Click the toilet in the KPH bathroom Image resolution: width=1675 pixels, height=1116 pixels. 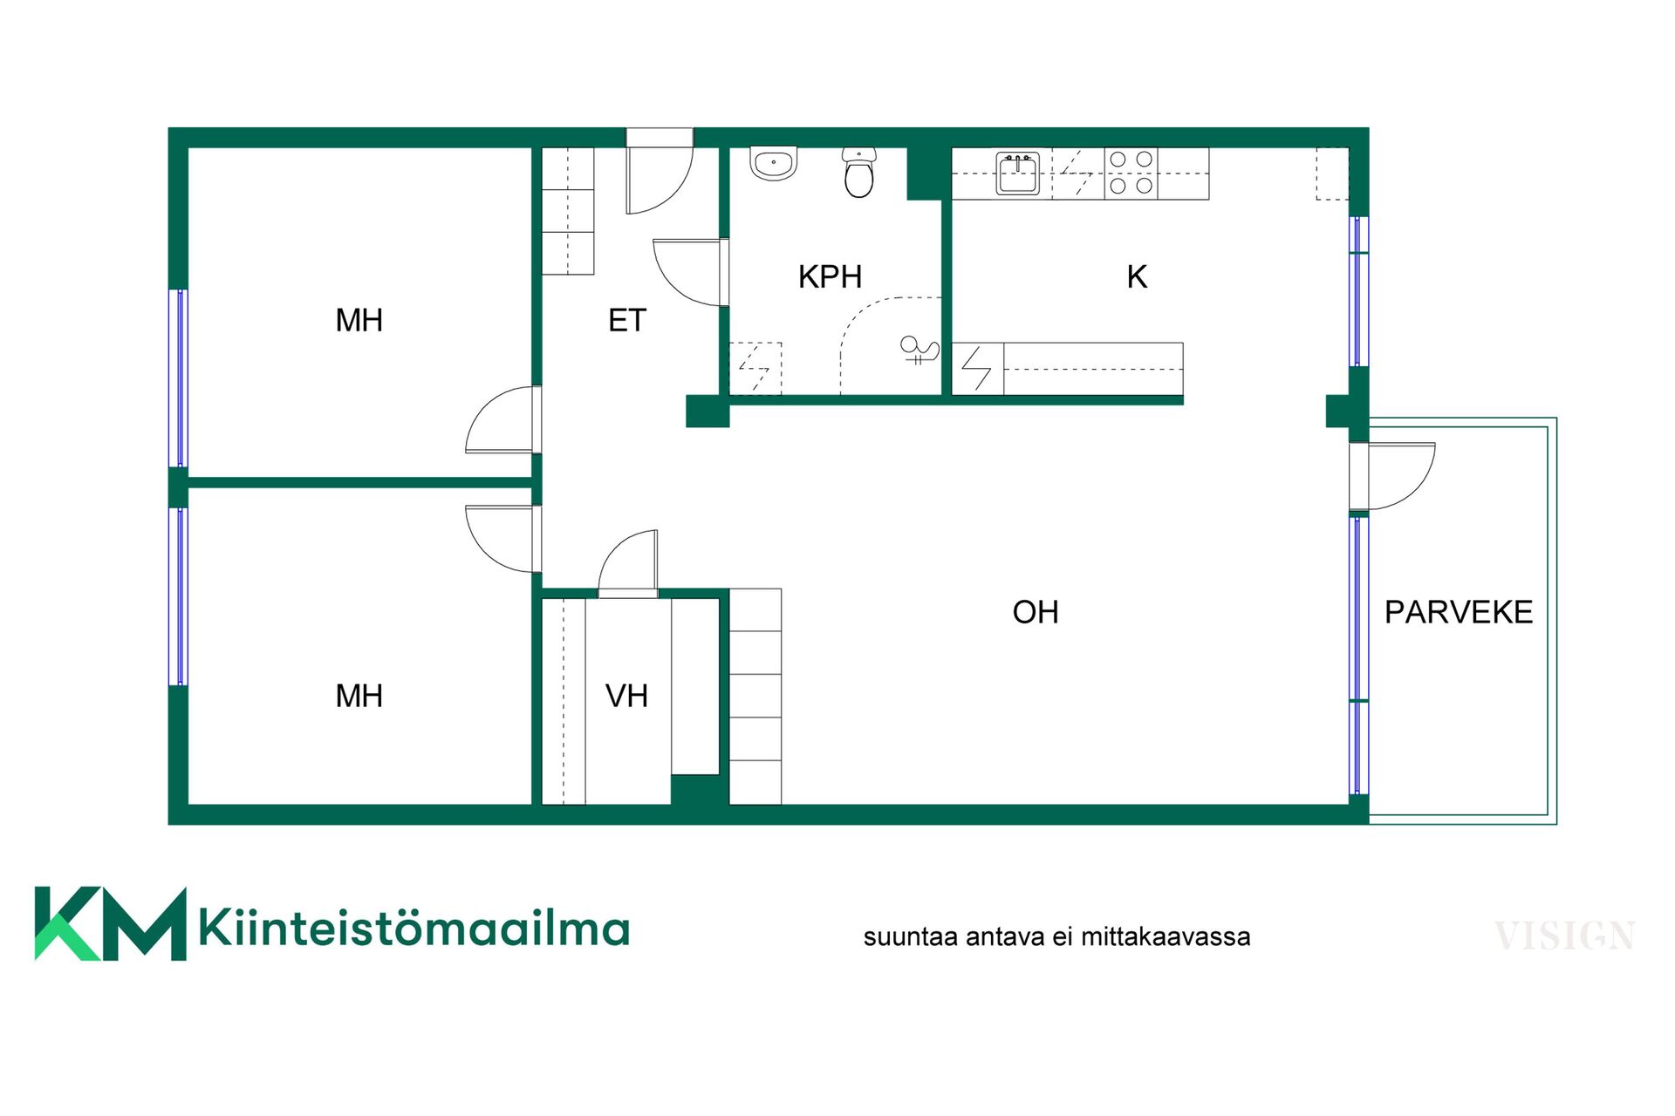[859, 173]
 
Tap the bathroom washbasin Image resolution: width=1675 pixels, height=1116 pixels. [774, 163]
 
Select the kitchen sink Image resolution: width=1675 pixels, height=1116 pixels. [1018, 174]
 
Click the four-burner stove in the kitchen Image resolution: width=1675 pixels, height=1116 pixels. [1131, 173]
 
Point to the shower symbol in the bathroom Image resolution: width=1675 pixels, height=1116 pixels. [920, 350]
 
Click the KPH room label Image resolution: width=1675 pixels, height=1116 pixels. [830, 277]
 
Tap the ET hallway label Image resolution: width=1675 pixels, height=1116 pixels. [626, 321]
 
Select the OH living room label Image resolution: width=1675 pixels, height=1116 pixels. [1035, 612]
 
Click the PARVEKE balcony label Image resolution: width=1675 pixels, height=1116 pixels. [1458, 612]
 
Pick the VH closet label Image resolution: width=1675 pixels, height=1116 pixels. [626, 696]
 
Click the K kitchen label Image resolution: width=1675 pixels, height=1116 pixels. [1137, 277]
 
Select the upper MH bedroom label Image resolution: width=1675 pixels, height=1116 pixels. [359, 321]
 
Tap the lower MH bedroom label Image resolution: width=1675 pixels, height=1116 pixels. [359, 696]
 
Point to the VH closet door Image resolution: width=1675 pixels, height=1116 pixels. [628, 562]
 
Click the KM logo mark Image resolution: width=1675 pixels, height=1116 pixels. [111, 924]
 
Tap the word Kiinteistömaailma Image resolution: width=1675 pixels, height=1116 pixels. [414, 928]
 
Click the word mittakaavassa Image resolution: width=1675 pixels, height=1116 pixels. [1166, 937]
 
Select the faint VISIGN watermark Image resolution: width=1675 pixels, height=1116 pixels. [1564, 936]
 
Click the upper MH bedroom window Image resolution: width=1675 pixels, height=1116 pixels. [178, 378]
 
